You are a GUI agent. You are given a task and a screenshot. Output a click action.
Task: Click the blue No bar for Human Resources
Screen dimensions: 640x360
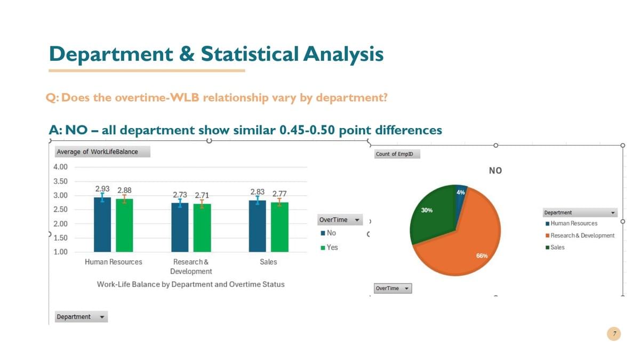pyautogui.click(x=102, y=225)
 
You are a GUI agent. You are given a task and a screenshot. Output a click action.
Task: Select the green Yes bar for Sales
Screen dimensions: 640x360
pyautogui.click(x=279, y=227)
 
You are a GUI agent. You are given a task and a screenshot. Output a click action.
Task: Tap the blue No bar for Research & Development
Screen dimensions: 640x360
pyautogui.click(x=180, y=227)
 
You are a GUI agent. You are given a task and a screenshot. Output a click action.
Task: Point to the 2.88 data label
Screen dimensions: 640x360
pyautogui.click(x=124, y=190)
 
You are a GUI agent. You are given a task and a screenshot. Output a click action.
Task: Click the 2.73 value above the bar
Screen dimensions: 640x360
pyautogui.click(x=180, y=195)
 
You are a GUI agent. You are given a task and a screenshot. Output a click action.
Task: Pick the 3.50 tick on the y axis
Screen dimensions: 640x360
pyautogui.click(x=60, y=181)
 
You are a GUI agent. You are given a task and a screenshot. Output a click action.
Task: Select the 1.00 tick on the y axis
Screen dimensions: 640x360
pyautogui.click(x=60, y=252)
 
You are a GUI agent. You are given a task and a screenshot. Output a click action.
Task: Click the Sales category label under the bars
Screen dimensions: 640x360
pyautogui.click(x=268, y=262)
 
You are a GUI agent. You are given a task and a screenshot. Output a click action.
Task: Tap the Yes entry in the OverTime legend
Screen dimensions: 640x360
pyautogui.click(x=329, y=247)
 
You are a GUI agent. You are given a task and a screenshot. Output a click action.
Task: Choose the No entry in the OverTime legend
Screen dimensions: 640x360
pyautogui.click(x=329, y=233)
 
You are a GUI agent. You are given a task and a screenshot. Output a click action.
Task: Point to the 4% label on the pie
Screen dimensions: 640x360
pyautogui.click(x=461, y=193)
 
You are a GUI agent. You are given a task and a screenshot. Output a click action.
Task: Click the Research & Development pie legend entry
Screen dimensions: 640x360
pyautogui.click(x=580, y=235)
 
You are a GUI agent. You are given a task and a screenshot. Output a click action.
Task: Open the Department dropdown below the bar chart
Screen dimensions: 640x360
pyautogui.click(x=81, y=317)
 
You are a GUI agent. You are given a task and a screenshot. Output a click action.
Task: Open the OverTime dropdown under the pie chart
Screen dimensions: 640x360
pyautogui.click(x=393, y=289)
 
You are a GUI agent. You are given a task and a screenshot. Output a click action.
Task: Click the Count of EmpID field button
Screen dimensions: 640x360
pyautogui.click(x=397, y=154)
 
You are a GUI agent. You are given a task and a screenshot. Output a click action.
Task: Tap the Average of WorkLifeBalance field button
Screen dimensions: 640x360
pyautogui.click(x=102, y=151)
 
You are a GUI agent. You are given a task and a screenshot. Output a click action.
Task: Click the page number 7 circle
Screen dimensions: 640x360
pyautogui.click(x=614, y=334)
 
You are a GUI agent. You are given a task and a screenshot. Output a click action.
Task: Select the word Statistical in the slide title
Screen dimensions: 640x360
pyautogui.click(x=250, y=54)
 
